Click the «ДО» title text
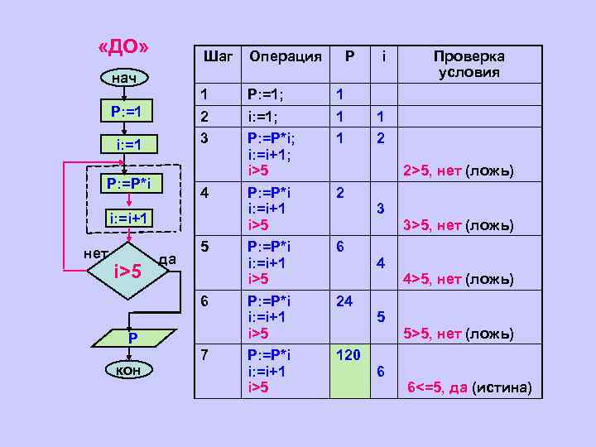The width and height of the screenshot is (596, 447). pyautogui.click(x=123, y=46)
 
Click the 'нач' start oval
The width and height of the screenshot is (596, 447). pyautogui.click(x=125, y=78)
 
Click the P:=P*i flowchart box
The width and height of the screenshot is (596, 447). pyautogui.click(x=126, y=183)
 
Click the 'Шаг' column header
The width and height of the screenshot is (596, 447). pyautogui.click(x=218, y=56)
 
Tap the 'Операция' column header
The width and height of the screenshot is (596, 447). pyautogui.click(x=286, y=56)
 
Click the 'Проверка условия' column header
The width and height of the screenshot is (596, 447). pyautogui.click(x=469, y=64)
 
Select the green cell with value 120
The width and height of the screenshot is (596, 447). pyautogui.click(x=348, y=372)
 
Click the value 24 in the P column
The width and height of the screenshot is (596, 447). pyautogui.click(x=344, y=301)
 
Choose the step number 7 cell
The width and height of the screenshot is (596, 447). pyautogui.click(x=207, y=354)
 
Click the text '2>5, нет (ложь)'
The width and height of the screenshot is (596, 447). pyautogui.click(x=458, y=172)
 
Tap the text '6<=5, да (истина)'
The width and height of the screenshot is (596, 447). pyautogui.click(x=469, y=388)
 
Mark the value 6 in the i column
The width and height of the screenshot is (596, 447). pyautogui.click(x=380, y=372)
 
